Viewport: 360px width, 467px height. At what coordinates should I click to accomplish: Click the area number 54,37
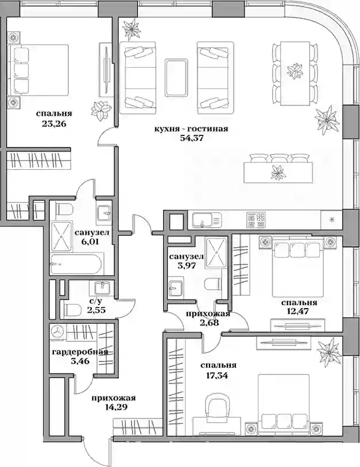191,139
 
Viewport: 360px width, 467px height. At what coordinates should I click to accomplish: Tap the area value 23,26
54,123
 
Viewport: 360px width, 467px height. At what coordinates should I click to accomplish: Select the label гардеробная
80,352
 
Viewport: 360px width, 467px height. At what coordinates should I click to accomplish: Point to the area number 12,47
299,312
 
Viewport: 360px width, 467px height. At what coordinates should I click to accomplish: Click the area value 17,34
218,376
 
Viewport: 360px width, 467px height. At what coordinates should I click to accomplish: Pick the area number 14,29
114,407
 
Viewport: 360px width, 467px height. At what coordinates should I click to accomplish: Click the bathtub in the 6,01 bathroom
77,263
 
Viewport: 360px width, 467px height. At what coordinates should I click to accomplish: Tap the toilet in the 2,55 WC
72,310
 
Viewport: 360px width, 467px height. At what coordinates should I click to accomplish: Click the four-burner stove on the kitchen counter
256,220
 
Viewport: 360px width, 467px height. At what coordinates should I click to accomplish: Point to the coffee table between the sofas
176,77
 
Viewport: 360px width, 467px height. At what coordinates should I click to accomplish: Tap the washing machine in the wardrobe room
58,332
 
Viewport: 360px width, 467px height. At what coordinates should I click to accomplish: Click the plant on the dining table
294,72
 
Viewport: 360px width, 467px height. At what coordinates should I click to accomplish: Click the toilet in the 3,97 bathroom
213,285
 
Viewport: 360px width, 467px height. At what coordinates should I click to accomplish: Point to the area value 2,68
208,322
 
